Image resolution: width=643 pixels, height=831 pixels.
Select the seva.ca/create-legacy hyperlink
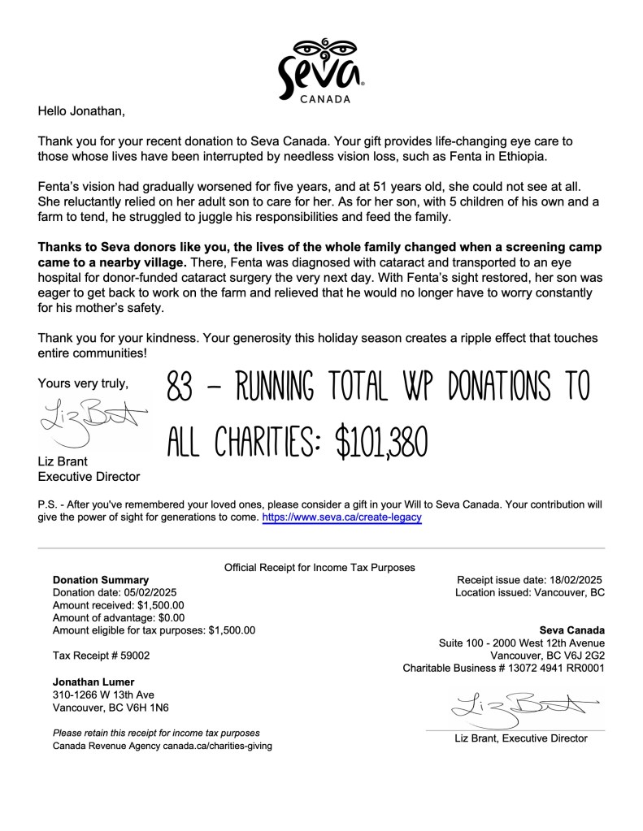tap(341, 517)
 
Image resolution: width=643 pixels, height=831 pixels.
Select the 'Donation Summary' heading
tap(101, 580)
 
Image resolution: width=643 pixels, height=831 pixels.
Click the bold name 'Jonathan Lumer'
tap(93, 682)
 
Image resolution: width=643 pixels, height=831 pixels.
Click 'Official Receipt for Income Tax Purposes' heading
tap(319, 567)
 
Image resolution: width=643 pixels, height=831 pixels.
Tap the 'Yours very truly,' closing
tap(83, 384)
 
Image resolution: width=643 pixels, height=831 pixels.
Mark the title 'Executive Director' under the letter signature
tap(89, 477)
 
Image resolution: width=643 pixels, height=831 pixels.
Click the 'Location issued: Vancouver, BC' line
tap(530, 592)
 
